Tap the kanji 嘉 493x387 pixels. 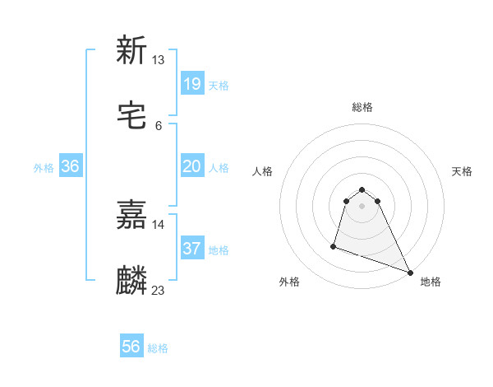pos(131,215)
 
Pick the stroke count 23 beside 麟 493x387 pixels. pos(159,290)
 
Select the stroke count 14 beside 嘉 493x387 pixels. pos(159,224)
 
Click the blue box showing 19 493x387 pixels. pos(191,83)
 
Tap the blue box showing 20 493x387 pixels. pos(191,166)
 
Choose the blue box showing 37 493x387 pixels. pos(191,249)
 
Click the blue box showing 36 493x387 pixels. pos(71,166)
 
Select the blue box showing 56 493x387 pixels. pos(131,347)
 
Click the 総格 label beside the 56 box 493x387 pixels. pos(158,348)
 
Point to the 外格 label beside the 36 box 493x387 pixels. pos(44,168)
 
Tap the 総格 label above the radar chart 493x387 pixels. pos(362,107)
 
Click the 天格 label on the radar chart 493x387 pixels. pos(463,171)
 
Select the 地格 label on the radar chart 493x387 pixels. pos(431,282)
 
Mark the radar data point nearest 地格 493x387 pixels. pos(410,272)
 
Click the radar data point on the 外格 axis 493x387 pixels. pos(334,245)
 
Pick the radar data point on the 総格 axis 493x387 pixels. pos(362,187)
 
